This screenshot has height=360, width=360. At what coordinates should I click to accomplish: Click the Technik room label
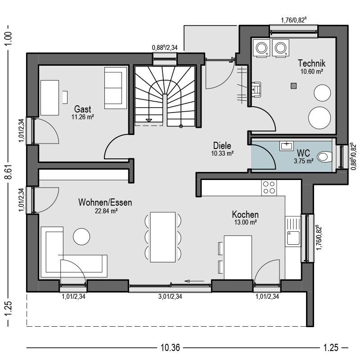[311, 63]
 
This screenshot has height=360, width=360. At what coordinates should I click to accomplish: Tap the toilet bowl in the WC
[324, 157]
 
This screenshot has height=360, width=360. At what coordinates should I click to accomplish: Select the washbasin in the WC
[286, 146]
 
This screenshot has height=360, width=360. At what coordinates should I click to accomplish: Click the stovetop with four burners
[269, 188]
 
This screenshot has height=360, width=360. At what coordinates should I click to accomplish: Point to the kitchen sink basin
[293, 238]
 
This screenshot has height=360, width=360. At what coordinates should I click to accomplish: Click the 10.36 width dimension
[170, 347]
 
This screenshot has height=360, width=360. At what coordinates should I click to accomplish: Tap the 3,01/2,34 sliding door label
[170, 297]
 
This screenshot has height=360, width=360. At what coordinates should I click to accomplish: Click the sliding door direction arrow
[194, 281]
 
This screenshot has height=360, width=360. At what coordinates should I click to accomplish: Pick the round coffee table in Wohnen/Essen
[81, 237]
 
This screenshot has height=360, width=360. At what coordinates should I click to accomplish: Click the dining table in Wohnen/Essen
[163, 237]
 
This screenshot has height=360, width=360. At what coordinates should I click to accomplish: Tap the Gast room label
[82, 109]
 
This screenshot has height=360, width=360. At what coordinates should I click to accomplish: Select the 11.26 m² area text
[83, 117]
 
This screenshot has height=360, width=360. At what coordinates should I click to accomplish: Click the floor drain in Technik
[294, 86]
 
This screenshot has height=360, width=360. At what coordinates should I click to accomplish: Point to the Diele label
[222, 145]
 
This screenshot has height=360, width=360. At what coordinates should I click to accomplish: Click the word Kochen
[245, 215]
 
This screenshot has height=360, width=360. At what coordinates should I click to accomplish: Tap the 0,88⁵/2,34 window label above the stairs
[165, 48]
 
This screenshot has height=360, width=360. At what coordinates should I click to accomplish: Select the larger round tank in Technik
[319, 117]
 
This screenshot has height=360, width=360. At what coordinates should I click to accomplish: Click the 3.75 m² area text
[303, 161]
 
